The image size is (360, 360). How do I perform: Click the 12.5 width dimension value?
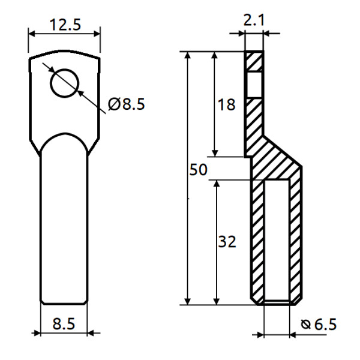click(65, 25)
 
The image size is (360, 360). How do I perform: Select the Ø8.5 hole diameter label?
click(126, 104)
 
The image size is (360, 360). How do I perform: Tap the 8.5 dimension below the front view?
click(64, 324)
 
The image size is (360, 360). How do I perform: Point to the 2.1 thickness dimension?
click(254, 20)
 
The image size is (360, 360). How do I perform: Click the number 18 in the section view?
click(226, 104)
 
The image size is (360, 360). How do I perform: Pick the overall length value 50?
click(199, 170)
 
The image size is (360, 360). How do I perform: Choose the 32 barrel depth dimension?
click(227, 242)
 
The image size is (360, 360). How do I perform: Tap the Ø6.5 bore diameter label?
click(319, 324)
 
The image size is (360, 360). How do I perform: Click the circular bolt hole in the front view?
click(65, 83)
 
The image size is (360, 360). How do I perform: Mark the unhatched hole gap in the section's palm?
click(254, 85)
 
